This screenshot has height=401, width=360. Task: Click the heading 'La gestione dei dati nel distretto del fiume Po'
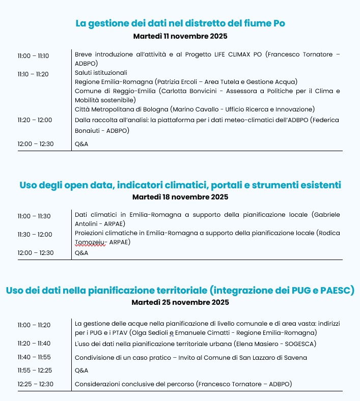[x=180, y=23]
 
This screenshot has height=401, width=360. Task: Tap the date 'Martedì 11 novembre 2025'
[x=180, y=36]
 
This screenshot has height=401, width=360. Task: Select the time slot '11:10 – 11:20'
[x=33, y=74]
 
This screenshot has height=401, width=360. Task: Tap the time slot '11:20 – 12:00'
[x=35, y=120]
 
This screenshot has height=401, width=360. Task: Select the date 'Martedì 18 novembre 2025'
[x=180, y=197]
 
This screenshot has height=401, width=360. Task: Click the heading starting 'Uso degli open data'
[x=180, y=184]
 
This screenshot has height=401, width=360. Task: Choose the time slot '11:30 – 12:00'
[x=35, y=234]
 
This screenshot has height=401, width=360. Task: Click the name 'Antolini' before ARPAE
[x=88, y=224]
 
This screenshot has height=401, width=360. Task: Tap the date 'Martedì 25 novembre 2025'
[x=180, y=302]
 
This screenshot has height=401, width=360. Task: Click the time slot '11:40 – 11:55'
[x=34, y=357]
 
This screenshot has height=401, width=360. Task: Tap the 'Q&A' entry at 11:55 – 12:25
[x=81, y=370]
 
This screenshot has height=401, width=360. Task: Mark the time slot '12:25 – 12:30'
[x=35, y=384]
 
